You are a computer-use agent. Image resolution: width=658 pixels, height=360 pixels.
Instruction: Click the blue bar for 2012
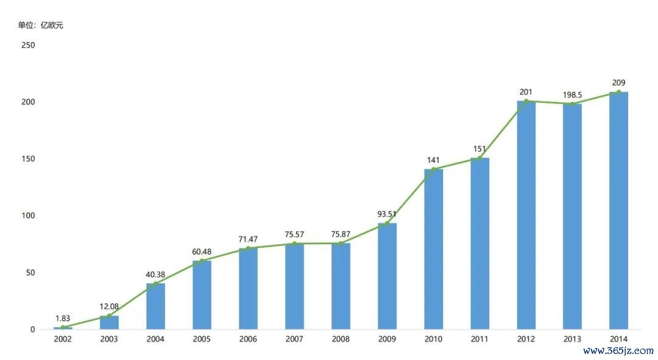526,215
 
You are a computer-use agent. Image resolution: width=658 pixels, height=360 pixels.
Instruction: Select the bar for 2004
155,306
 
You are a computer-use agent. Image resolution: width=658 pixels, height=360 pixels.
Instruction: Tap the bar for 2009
387,276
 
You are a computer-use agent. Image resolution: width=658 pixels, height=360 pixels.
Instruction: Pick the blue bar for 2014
618,211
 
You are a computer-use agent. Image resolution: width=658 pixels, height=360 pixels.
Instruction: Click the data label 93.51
387,214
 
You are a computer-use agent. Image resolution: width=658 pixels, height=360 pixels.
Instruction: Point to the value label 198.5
572,95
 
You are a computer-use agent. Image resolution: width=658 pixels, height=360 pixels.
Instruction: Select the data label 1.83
63,318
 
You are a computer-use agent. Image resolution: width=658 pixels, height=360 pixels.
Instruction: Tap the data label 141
433,160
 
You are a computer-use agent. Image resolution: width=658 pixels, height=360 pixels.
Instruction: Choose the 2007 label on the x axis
294,339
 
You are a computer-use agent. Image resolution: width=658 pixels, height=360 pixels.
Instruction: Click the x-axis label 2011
479,339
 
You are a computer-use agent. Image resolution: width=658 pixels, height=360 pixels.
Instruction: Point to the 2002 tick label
63,339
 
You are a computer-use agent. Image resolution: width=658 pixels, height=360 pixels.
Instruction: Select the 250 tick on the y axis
28,45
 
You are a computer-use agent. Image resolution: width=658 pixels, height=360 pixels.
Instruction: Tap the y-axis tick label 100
28,216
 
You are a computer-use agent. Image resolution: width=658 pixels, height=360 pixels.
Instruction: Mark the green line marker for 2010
433,169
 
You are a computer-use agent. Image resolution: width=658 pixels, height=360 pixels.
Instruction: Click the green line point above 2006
248,249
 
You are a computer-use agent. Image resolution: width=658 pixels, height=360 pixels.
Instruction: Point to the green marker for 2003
109,316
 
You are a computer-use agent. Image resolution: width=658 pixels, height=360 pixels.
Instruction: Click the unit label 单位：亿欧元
40,26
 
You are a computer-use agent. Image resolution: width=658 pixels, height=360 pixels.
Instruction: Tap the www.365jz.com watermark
618,351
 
